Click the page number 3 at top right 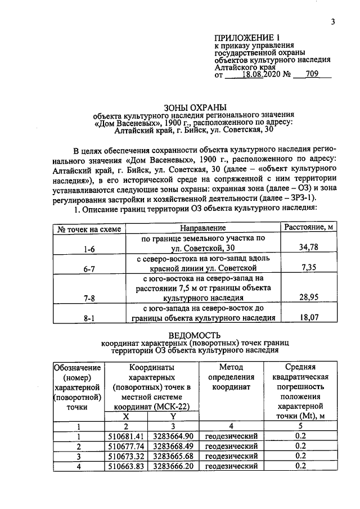click(333, 22)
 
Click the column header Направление click(203, 228)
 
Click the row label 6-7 click(89, 269)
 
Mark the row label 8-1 click(89, 318)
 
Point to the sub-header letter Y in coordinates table click(173, 416)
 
